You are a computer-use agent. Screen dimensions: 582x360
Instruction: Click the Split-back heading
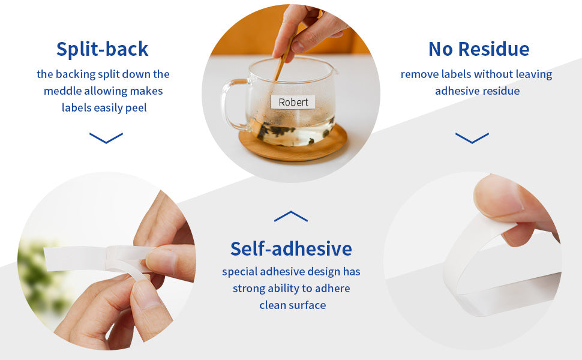pyautogui.click(x=103, y=49)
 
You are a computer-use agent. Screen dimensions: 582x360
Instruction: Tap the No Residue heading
pyautogui.click(x=479, y=49)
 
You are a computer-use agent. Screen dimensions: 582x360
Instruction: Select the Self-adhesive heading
pyautogui.click(x=291, y=248)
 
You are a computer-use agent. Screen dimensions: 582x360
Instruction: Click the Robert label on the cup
pyautogui.click(x=293, y=102)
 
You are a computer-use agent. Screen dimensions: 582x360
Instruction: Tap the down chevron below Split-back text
pyautogui.click(x=106, y=138)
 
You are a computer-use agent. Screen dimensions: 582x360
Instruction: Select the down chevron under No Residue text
pyautogui.click(x=472, y=138)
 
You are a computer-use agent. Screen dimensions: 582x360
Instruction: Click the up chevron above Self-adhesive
pyautogui.click(x=291, y=217)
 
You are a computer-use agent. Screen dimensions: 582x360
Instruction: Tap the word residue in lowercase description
pyautogui.click(x=499, y=91)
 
